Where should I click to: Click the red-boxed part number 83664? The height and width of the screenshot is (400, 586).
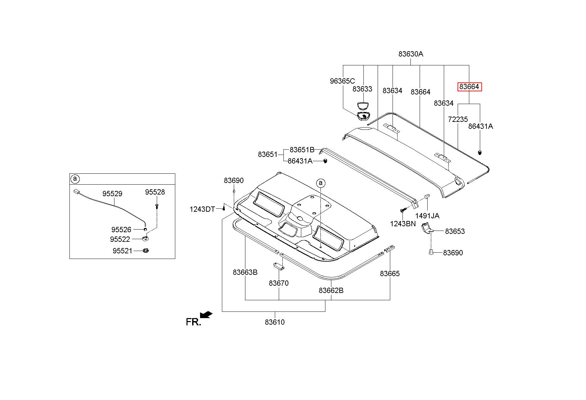[x=469, y=87]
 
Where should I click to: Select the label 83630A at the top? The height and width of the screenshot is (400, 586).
[x=411, y=54]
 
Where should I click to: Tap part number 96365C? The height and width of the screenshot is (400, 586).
[x=342, y=81]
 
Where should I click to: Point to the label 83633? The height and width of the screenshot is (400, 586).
[x=362, y=89]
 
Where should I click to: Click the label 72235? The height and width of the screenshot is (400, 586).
[x=458, y=119]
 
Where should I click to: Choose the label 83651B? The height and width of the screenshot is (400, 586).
[x=302, y=150]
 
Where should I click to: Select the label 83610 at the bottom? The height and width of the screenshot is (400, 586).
[x=274, y=322]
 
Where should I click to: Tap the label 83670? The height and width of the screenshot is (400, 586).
[x=278, y=283]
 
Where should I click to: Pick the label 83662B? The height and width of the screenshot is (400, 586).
[x=331, y=290]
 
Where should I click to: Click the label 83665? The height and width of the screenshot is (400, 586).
[x=390, y=273]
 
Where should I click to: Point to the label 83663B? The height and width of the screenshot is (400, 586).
[x=245, y=272]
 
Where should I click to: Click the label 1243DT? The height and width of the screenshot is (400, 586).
[x=202, y=209]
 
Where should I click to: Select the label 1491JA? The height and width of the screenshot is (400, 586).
[x=427, y=216]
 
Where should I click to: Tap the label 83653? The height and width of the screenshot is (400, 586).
[x=455, y=231]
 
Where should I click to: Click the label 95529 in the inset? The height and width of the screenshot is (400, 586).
[x=112, y=194]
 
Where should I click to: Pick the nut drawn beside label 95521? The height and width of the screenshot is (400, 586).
[x=145, y=251]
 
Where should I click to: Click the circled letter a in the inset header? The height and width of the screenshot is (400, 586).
[x=75, y=179]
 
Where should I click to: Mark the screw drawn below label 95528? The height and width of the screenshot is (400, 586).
[x=156, y=206]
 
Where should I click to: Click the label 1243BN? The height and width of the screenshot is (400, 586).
[x=402, y=224]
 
